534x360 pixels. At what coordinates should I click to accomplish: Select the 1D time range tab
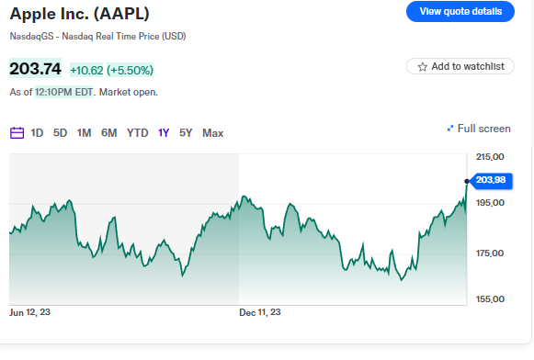pos(37,133)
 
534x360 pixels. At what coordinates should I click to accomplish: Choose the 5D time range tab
pos(60,133)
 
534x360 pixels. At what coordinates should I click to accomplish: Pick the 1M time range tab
pos(84,133)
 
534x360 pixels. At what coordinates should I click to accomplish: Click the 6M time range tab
pos(108,133)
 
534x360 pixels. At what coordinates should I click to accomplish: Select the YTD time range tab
pos(137,133)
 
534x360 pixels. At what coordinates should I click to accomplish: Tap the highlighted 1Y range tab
pos(164,133)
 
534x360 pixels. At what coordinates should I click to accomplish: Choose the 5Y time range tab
pos(186,133)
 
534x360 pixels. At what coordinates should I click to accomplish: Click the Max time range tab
pos(212,133)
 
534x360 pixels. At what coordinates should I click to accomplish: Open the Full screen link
pos(478,129)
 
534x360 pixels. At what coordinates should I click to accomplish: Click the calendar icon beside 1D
pos(17,133)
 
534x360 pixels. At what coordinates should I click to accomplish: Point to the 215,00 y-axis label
pos(492,157)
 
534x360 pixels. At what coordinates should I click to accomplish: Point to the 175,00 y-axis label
pos(492,253)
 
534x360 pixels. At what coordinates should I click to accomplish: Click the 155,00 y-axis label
pos(492,298)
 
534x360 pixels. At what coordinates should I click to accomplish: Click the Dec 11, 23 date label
pos(260,313)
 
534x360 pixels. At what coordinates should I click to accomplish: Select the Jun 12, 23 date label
pos(30,313)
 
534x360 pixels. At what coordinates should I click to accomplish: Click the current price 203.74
pos(36,69)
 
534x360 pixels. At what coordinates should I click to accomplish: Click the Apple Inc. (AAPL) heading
pos(79,14)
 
